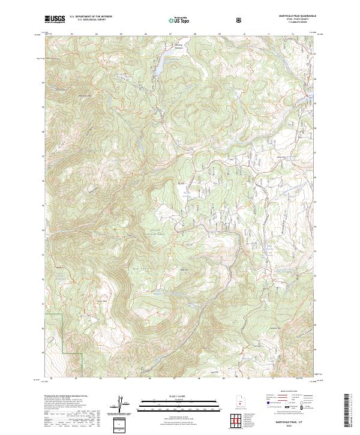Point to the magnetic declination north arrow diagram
coord(123,404)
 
